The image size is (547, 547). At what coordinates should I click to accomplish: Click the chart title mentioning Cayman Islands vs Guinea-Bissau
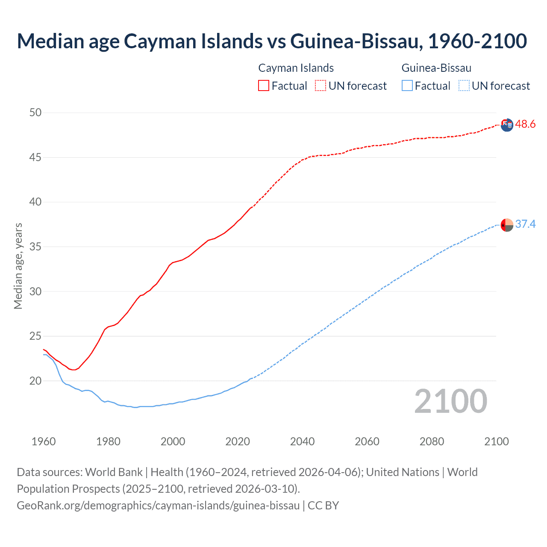click(272, 41)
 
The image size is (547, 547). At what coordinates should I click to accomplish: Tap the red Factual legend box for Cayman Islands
click(264, 85)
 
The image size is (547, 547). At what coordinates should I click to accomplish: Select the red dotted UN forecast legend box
click(321, 85)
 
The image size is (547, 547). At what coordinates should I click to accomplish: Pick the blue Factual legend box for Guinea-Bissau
click(407, 85)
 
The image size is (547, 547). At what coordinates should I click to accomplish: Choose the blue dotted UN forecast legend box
click(464, 85)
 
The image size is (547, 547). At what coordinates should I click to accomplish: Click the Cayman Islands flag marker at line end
click(507, 125)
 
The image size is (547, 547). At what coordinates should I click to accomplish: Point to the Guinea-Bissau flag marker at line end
click(507, 225)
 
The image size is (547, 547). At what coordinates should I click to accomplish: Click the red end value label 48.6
click(525, 124)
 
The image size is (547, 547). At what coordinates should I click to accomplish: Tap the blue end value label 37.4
click(525, 224)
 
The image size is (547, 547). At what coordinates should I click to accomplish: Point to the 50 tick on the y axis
click(35, 113)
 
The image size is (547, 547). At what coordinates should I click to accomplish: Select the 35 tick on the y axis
click(35, 247)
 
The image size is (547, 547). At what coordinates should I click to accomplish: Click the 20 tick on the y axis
click(35, 381)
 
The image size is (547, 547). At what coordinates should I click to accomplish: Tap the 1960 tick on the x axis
click(44, 441)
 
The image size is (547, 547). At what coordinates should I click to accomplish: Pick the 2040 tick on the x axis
click(302, 441)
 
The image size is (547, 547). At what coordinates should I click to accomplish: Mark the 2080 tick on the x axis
click(432, 441)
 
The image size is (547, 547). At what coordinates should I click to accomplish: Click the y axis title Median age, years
click(18, 266)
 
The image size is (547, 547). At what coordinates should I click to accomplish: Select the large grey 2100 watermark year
click(450, 401)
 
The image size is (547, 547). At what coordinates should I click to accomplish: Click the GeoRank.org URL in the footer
click(158, 506)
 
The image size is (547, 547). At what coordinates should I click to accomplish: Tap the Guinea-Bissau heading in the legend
click(436, 68)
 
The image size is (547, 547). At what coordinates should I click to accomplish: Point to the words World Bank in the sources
click(114, 472)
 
